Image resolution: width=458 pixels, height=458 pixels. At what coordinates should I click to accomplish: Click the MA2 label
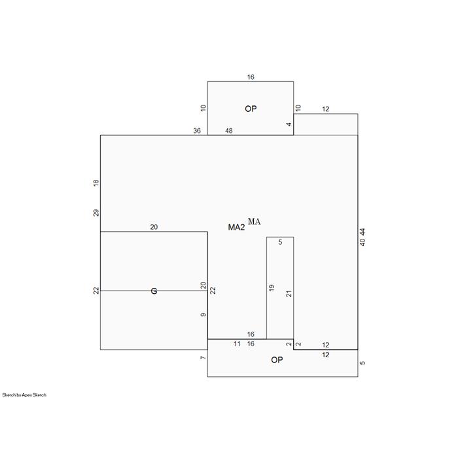click(x=236, y=227)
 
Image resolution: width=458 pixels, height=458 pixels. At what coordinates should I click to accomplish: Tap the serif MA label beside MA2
click(x=254, y=221)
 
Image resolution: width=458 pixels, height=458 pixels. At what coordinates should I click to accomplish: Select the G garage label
click(x=154, y=291)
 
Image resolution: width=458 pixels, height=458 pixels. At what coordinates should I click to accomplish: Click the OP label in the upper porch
click(x=251, y=109)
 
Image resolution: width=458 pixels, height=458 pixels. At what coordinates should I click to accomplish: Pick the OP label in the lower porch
click(x=277, y=360)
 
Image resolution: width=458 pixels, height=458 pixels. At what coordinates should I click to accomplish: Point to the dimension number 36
click(x=197, y=131)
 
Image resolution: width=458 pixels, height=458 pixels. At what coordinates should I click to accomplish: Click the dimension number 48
click(x=229, y=131)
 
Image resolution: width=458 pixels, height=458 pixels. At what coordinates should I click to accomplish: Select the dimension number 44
click(x=362, y=232)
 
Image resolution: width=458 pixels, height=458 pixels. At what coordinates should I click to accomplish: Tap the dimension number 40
click(x=362, y=243)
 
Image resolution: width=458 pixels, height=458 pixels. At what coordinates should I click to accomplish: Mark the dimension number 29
click(x=96, y=213)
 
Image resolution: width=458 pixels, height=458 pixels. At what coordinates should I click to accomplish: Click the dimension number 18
click(x=96, y=183)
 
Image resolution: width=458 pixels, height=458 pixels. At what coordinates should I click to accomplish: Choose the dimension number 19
click(x=272, y=288)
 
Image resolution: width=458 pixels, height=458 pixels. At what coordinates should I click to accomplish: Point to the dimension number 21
click(x=289, y=294)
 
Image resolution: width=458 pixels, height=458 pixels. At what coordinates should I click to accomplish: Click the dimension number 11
click(x=237, y=344)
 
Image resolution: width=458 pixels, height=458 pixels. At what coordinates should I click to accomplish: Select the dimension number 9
click(x=203, y=315)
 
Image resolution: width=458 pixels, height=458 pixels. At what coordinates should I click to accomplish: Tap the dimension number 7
click(x=203, y=358)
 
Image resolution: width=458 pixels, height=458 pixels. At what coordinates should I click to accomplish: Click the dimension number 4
click(x=289, y=124)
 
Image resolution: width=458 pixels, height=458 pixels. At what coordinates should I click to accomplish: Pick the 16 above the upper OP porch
click(x=251, y=77)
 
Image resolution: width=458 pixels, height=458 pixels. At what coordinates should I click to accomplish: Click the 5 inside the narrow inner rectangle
click(x=280, y=242)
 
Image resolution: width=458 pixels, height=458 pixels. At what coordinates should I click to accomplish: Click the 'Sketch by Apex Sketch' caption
click(x=24, y=395)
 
